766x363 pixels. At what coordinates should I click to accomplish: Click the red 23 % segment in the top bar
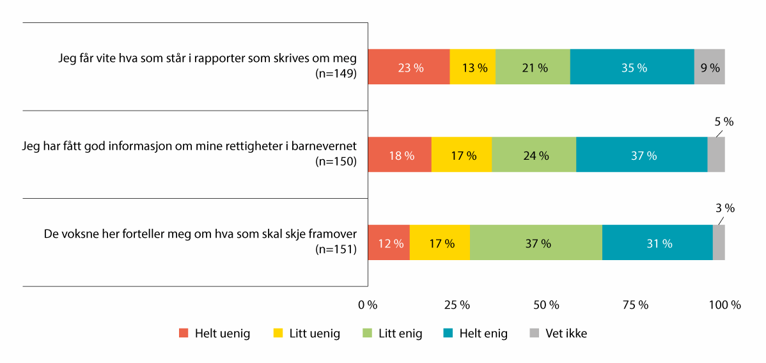click(409, 66)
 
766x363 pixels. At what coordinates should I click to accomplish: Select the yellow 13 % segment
click(473, 66)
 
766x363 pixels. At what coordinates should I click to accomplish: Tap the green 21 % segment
click(533, 66)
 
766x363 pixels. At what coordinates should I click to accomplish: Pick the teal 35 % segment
click(632, 66)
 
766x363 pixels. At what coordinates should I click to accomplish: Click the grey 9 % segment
click(709, 66)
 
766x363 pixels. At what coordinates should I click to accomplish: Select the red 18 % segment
click(400, 155)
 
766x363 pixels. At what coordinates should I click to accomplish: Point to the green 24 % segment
click(534, 155)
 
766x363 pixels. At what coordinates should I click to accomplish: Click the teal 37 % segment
click(641, 155)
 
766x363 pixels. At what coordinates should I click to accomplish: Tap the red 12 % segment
click(389, 243)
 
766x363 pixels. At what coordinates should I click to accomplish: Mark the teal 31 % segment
click(657, 243)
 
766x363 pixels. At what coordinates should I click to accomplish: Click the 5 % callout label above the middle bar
click(723, 121)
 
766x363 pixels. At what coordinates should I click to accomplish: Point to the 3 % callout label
click(724, 208)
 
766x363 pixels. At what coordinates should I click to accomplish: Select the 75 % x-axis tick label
click(636, 305)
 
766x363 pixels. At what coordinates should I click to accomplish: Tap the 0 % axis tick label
click(368, 305)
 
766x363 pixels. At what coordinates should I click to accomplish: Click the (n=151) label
click(336, 249)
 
